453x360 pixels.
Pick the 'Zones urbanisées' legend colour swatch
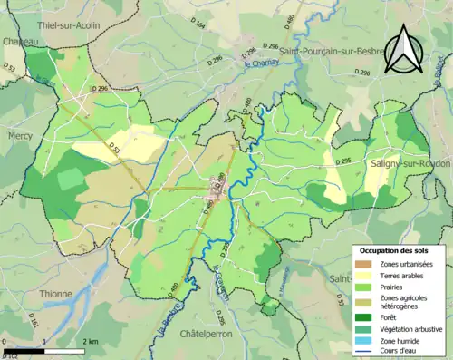(364, 263)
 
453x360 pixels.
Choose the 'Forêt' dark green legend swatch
(364, 317)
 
